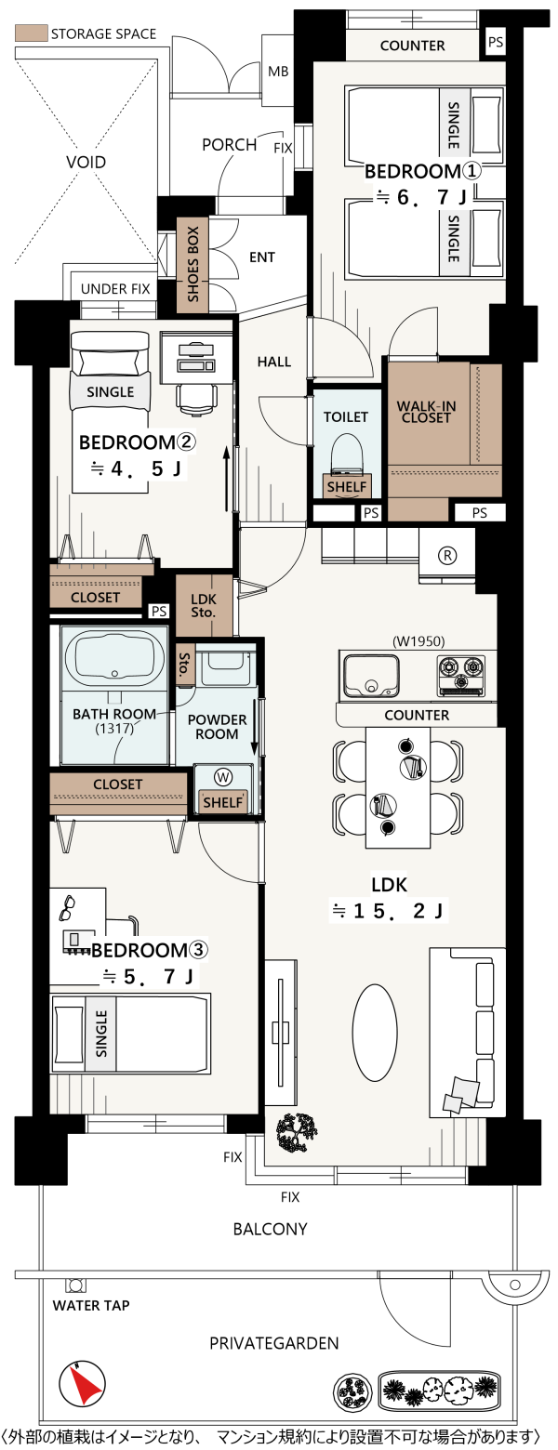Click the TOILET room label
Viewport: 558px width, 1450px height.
(x=346, y=416)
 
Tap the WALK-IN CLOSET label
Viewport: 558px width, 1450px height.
(x=426, y=412)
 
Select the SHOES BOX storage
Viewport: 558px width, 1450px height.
(x=193, y=265)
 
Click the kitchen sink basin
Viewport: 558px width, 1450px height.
(x=371, y=675)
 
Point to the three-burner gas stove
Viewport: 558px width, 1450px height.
(x=460, y=675)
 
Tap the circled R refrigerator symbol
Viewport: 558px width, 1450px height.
(x=447, y=555)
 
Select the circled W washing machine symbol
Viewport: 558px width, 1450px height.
(x=223, y=777)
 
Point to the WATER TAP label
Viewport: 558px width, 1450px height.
(x=90, y=1306)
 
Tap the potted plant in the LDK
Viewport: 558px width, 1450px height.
(x=297, y=1133)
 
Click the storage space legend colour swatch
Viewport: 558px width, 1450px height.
(x=31, y=33)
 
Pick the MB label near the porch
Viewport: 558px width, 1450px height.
(x=278, y=72)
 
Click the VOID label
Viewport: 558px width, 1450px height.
(x=86, y=162)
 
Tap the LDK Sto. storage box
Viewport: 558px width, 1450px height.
(x=204, y=606)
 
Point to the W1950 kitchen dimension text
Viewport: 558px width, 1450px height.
(x=418, y=641)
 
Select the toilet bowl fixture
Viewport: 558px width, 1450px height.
(x=347, y=451)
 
